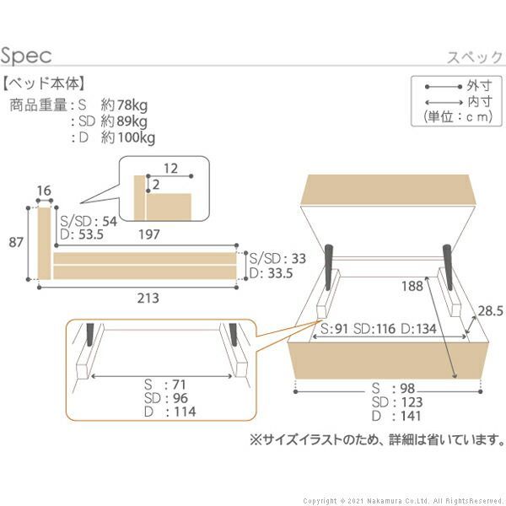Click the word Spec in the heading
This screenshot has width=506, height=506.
(27, 56)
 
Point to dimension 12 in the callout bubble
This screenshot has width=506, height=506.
(170, 168)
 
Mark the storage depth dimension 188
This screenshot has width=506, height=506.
(412, 286)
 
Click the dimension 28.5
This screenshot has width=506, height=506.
(489, 310)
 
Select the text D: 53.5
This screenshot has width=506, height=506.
(82, 234)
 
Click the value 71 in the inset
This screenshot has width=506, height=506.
(177, 385)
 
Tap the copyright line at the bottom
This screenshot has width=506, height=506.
(403, 499)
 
